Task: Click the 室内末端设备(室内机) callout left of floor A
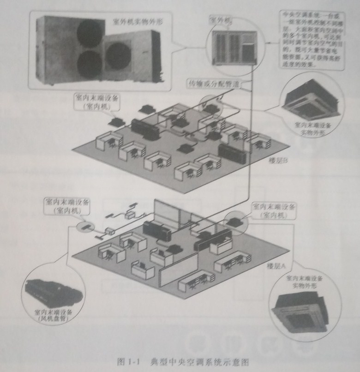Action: point(62,206)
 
